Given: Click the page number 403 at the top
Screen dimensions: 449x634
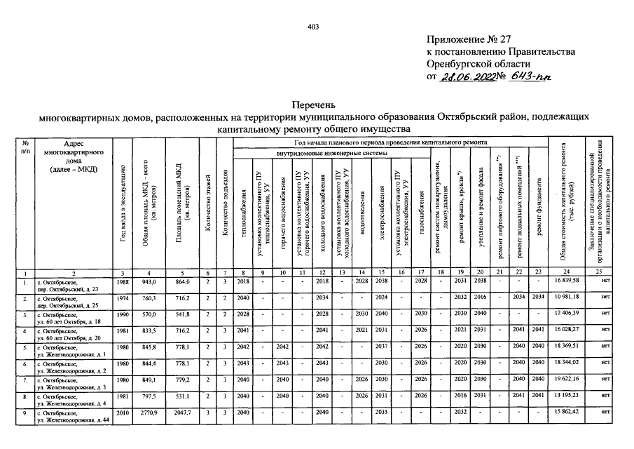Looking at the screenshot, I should pos(313,27).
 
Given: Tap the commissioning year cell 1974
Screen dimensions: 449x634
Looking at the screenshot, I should pos(123,300).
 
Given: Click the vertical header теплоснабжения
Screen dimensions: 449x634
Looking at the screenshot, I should pos(243,210).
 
